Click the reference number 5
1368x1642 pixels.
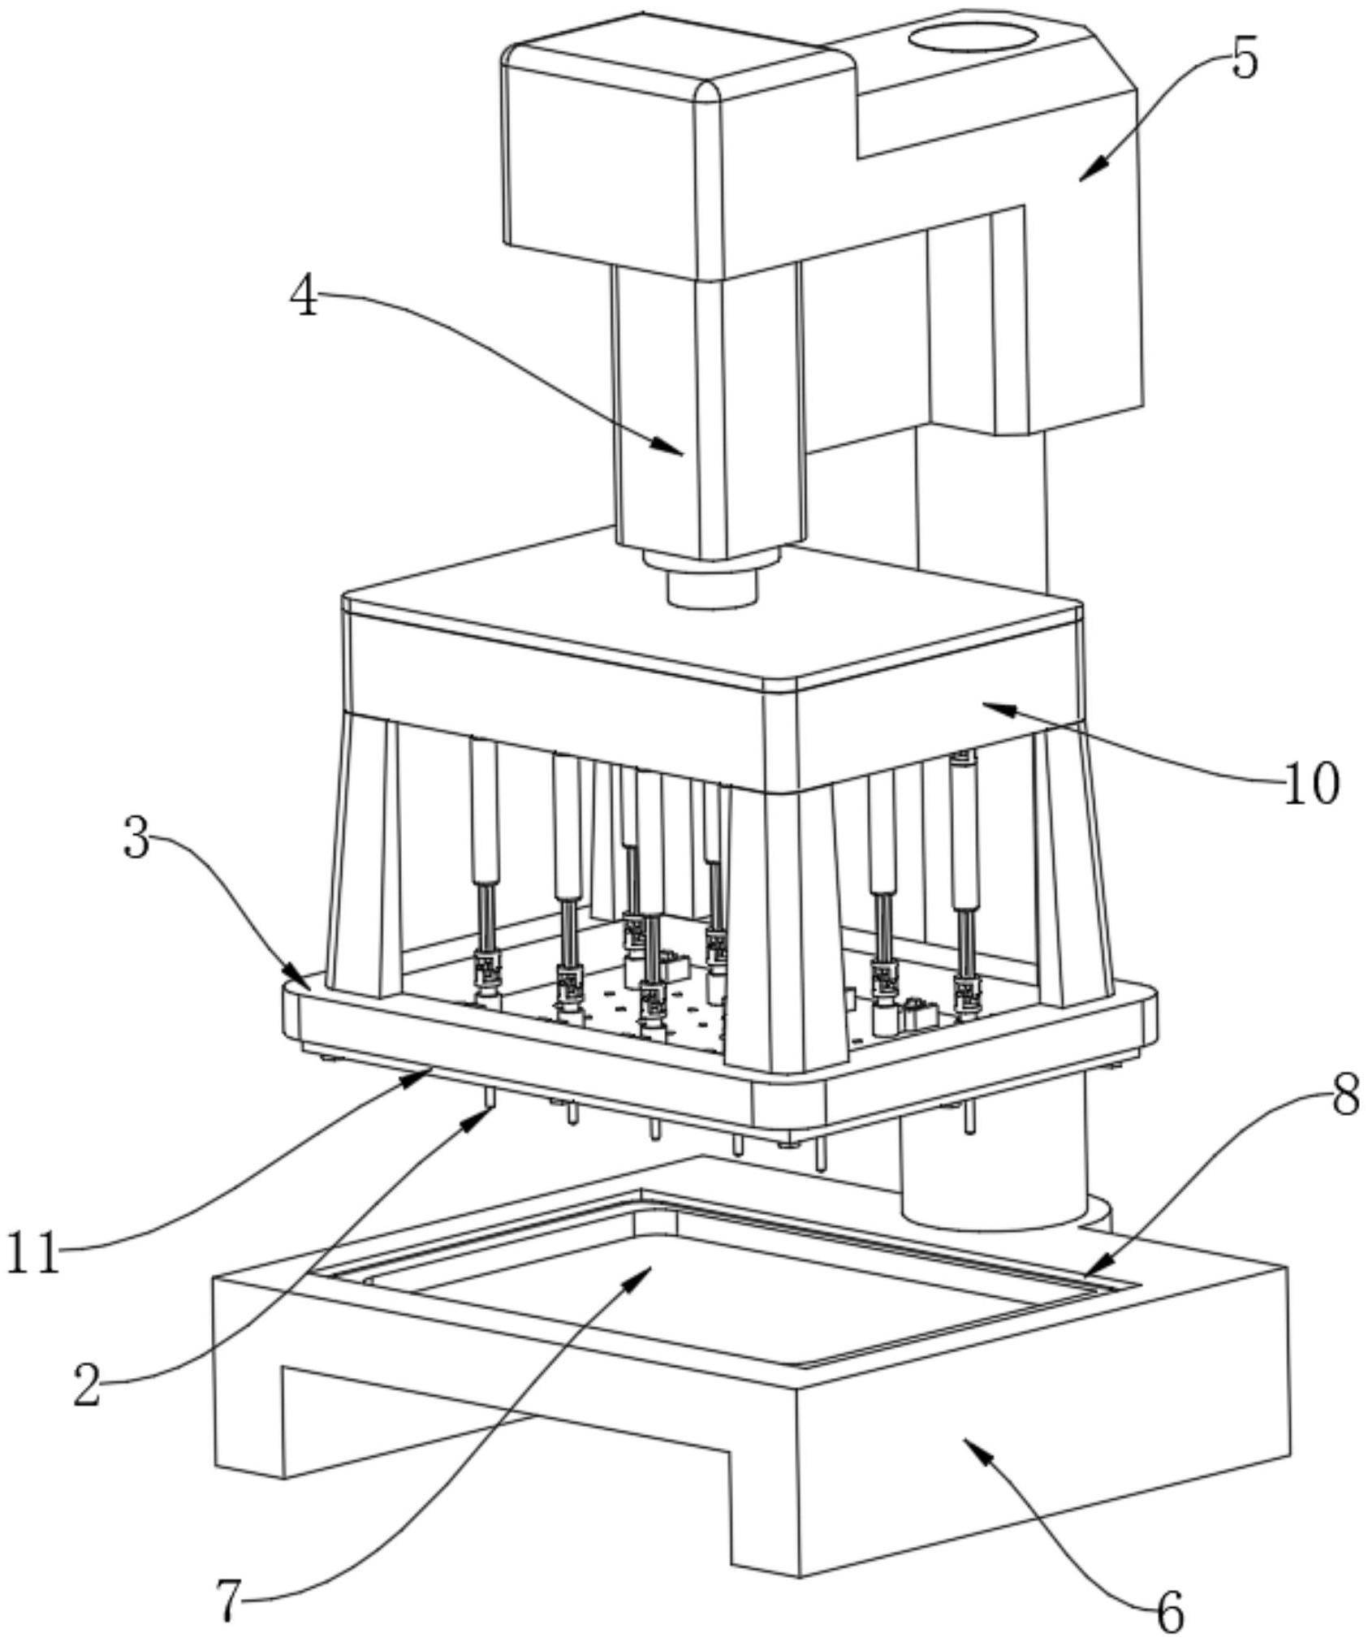pos(1245,58)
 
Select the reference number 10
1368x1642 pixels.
pos(1311,784)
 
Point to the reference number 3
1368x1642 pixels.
pos(137,839)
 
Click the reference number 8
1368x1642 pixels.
pos(1344,1095)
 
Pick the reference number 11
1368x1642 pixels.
pos(33,1253)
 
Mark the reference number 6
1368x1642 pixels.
pos(1169,1612)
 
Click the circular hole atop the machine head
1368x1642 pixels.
pos(972,37)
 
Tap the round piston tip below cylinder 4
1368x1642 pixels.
pos(711,587)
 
